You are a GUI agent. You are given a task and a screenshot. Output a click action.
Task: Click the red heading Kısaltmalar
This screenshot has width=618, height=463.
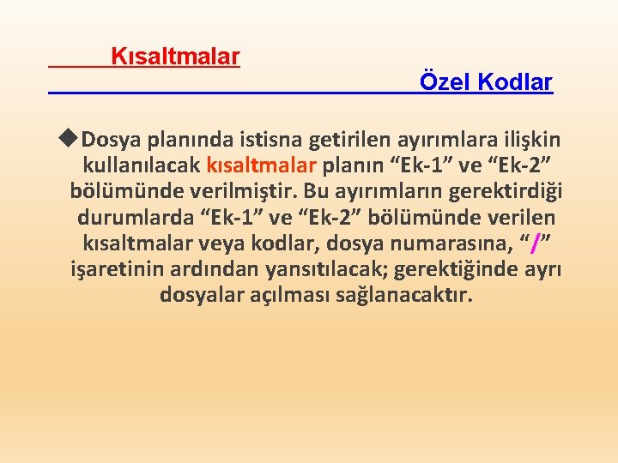176,57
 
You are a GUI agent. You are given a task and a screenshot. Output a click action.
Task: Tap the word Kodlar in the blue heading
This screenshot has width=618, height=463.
515,83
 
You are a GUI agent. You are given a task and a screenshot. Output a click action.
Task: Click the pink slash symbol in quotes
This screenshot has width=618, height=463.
536,245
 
